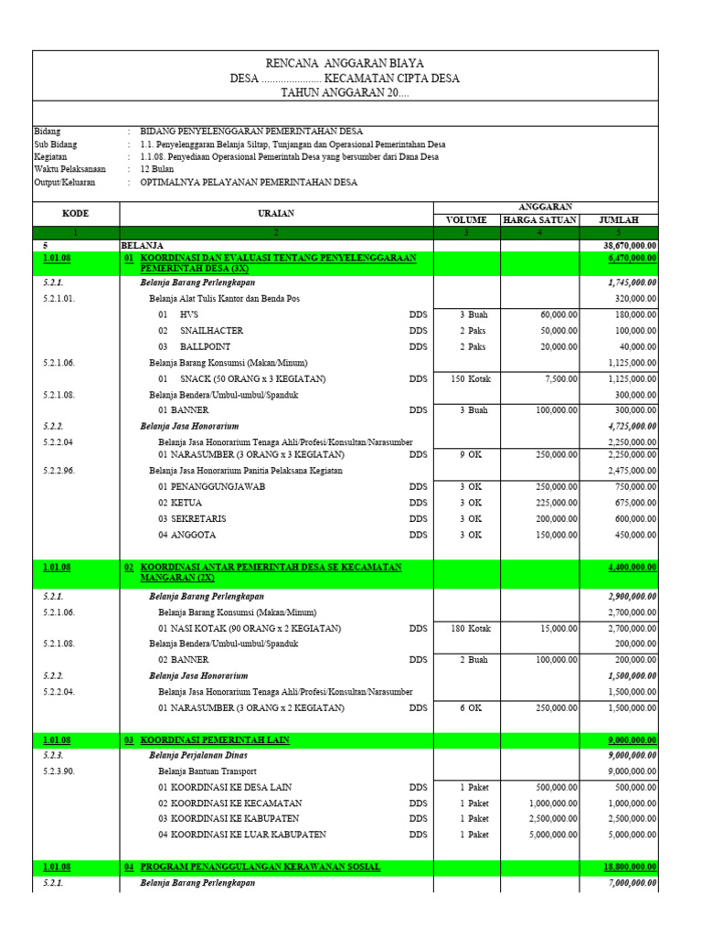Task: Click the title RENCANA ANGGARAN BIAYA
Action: coord(345,63)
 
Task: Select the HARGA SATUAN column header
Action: coord(539,219)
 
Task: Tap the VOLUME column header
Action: coord(466,219)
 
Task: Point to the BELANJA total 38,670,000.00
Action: coord(630,246)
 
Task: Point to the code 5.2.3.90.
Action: coord(63,771)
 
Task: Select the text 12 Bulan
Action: coord(158,169)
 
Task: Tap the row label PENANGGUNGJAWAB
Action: coord(211,486)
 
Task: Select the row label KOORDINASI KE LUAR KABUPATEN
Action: coord(242,835)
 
